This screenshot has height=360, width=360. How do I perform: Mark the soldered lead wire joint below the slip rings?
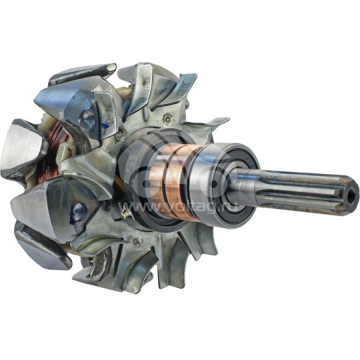(125, 212)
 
